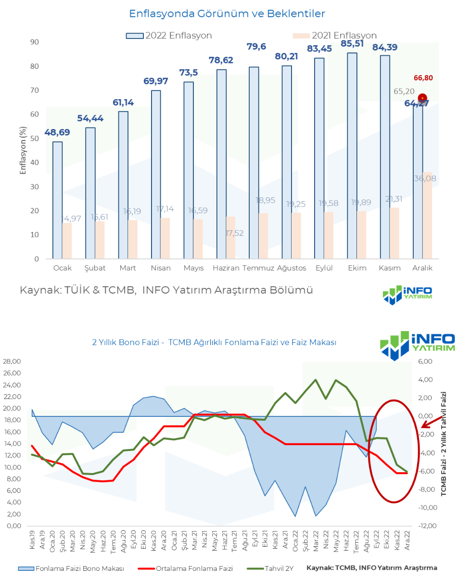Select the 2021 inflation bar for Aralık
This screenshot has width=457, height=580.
[x=427, y=216]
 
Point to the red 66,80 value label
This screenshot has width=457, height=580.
[x=423, y=77]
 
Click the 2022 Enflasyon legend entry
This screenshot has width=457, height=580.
[x=169, y=35]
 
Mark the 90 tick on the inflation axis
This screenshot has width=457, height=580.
[x=34, y=42]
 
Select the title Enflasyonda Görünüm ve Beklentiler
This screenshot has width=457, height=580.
[x=227, y=13]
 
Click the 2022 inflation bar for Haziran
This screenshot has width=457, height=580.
[x=221, y=164]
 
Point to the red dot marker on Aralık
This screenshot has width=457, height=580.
[x=422, y=98]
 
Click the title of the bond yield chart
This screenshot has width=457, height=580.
[x=214, y=342]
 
